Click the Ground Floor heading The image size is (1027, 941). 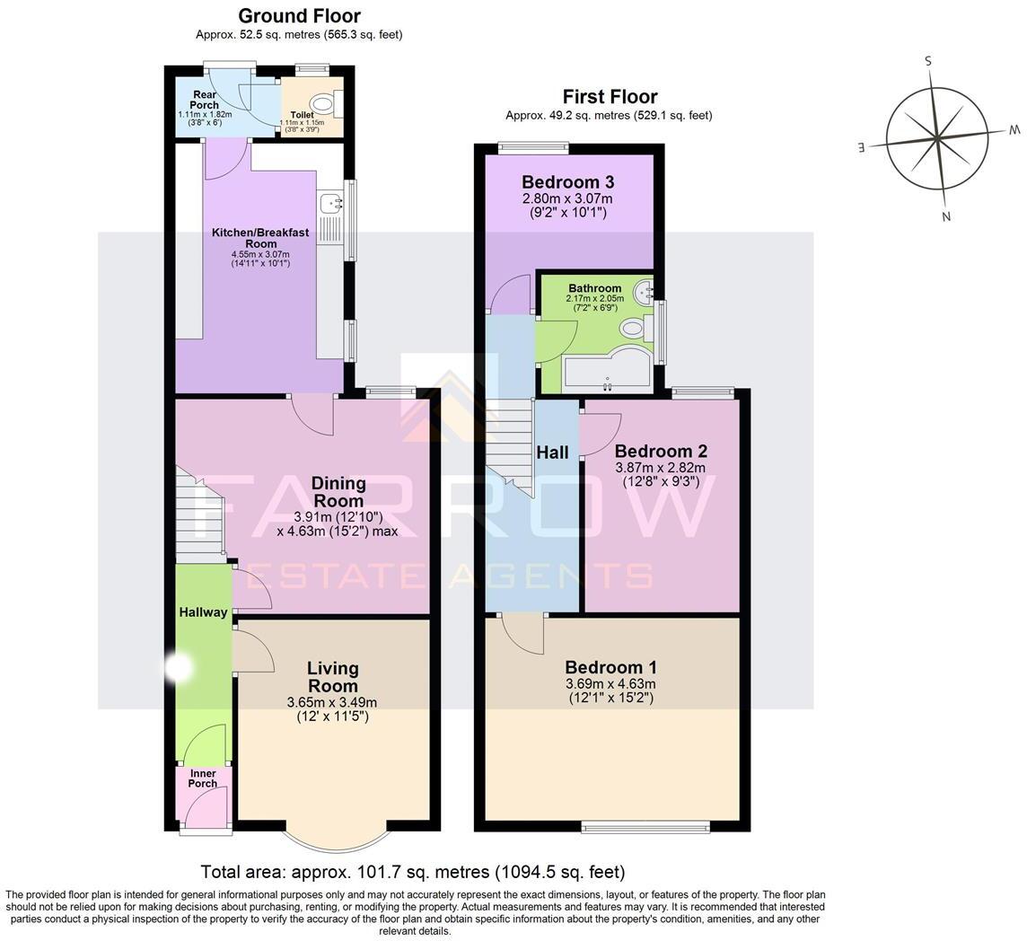click(x=299, y=16)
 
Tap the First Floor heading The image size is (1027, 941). click(x=610, y=97)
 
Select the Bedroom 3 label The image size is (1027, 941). click(x=568, y=181)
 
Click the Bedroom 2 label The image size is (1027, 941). click(x=661, y=451)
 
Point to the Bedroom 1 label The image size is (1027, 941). click(x=610, y=667)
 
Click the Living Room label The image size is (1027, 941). click(x=333, y=677)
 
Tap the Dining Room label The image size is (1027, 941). click(x=338, y=491)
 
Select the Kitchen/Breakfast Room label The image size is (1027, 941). click(x=260, y=238)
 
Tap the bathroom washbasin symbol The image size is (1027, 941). click(x=643, y=290)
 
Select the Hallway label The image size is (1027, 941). click(x=203, y=612)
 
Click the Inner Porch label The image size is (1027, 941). click(x=202, y=778)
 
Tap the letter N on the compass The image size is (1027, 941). click(x=945, y=216)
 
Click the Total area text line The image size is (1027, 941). click(x=413, y=872)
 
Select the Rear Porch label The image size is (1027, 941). click(x=204, y=100)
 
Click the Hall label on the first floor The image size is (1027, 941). click(x=552, y=453)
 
